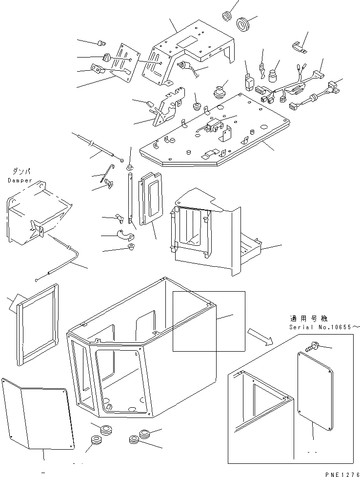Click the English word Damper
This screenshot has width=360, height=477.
[20, 180]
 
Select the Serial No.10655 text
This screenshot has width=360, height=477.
[323, 327]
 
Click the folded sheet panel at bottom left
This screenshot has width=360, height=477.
[37, 415]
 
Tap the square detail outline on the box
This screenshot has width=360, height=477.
[208, 321]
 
